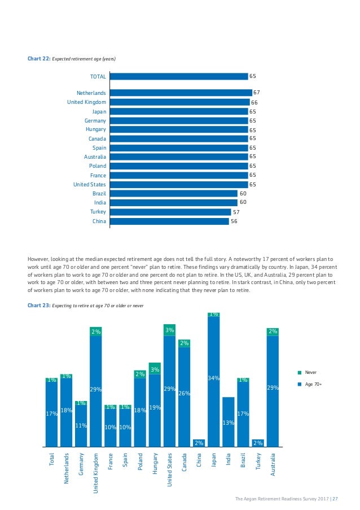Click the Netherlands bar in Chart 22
tap(181, 93)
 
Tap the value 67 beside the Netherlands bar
tap(256, 93)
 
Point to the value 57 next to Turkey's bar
tap(236, 212)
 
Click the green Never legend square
tap(298, 373)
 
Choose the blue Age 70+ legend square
tap(298, 384)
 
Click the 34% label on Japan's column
tap(213, 378)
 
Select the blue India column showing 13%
tap(228, 421)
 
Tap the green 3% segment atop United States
tap(169, 330)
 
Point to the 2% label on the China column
tap(199, 443)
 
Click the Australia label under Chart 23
tap(273, 465)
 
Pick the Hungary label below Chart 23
tap(155, 464)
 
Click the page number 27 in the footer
tap(335, 498)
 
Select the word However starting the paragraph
tap(39, 259)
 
